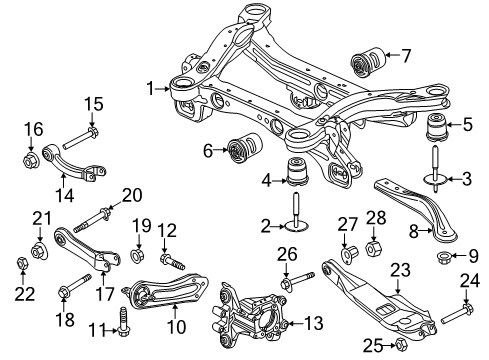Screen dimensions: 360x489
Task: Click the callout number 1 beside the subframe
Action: tap(151, 89)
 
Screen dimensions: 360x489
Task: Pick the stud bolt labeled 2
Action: tap(297, 226)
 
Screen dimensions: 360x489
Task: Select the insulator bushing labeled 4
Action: tap(297, 171)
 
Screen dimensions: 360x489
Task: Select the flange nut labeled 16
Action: tap(29, 158)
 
